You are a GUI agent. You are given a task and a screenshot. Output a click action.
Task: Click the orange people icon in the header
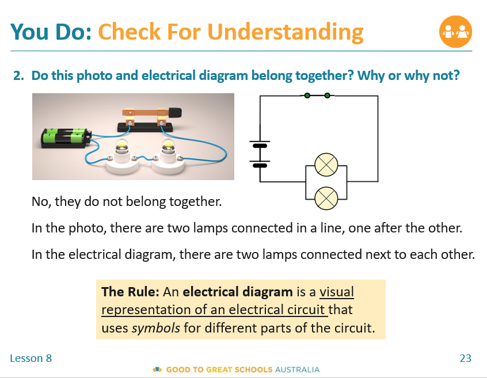click(455, 32)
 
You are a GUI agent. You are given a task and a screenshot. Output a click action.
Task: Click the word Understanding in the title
click(285, 32)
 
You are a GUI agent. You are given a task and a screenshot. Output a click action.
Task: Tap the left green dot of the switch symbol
click(307, 96)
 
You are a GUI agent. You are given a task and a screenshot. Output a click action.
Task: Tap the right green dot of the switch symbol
click(327, 96)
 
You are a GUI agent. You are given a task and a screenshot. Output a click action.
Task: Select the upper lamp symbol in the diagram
click(326, 165)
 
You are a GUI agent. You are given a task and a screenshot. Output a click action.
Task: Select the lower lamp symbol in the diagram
click(326, 198)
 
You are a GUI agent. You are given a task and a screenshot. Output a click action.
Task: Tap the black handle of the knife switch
click(175, 112)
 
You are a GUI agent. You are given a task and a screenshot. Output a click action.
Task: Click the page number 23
click(466, 358)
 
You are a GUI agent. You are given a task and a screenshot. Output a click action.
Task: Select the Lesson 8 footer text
click(31, 358)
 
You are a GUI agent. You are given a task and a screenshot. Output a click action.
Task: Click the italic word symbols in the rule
click(156, 328)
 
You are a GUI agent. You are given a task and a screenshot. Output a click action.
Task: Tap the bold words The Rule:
click(131, 292)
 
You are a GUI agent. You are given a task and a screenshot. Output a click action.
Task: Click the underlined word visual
click(337, 292)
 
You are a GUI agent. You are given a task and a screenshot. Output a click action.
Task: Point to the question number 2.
click(18, 75)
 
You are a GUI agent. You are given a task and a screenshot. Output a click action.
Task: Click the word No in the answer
click(40, 201)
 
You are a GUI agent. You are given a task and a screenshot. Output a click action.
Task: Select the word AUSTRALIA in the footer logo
click(297, 369)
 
